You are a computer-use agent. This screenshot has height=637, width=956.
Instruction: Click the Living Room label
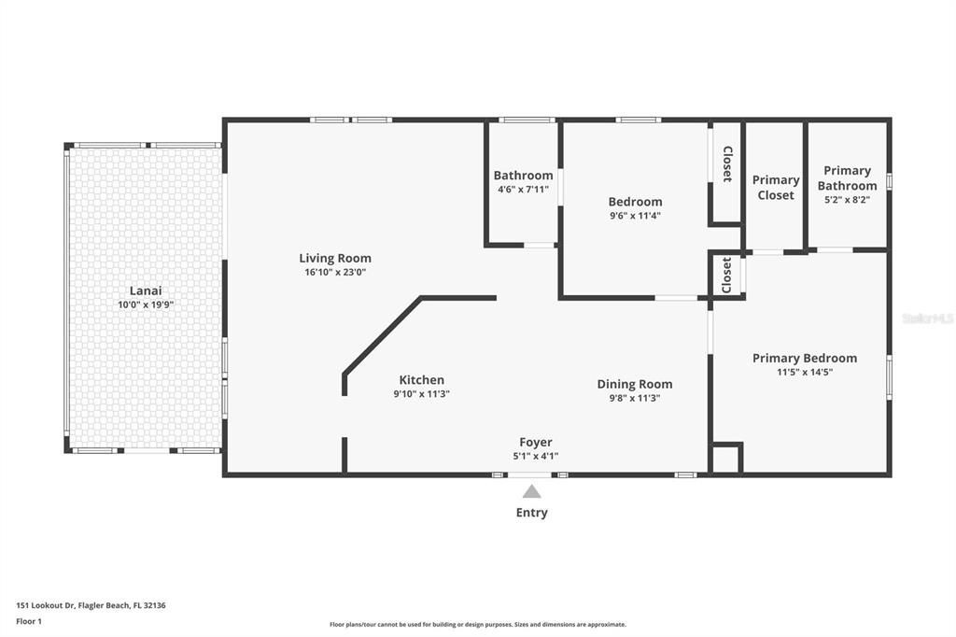point(335,258)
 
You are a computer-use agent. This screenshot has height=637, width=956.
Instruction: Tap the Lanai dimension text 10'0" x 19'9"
point(146,304)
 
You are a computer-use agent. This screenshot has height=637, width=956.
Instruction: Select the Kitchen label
point(421,379)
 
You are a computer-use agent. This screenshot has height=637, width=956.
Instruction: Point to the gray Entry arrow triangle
point(531,491)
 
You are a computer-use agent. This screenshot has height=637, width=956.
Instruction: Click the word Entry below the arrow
point(531,513)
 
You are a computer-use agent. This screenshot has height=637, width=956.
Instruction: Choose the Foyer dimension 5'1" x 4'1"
point(535,456)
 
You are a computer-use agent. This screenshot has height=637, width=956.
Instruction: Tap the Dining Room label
point(635,385)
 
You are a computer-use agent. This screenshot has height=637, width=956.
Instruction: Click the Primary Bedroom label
point(805,358)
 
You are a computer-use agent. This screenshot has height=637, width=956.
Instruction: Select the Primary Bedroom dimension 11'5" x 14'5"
point(805,372)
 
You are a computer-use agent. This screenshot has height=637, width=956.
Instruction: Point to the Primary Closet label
point(776,188)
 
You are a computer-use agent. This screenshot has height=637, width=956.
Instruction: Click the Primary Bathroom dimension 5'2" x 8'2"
point(847,200)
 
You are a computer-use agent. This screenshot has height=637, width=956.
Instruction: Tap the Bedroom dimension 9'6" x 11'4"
point(635,216)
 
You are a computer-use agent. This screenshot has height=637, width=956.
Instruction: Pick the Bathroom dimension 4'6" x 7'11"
point(523,190)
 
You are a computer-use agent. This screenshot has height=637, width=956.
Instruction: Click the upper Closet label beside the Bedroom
point(726,164)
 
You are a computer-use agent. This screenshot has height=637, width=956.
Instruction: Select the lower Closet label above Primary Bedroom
point(726,276)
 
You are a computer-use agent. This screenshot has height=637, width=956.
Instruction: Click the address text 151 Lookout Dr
point(45,605)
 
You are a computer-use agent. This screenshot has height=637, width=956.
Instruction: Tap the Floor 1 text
point(29,622)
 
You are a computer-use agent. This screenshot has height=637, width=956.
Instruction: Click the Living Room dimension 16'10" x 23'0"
point(335,272)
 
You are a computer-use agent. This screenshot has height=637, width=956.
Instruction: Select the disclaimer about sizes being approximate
point(478,624)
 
